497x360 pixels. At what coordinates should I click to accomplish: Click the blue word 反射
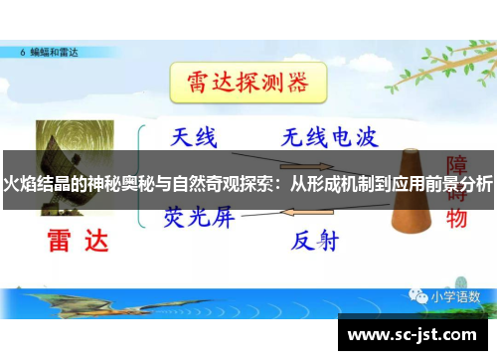coord(316,240)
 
